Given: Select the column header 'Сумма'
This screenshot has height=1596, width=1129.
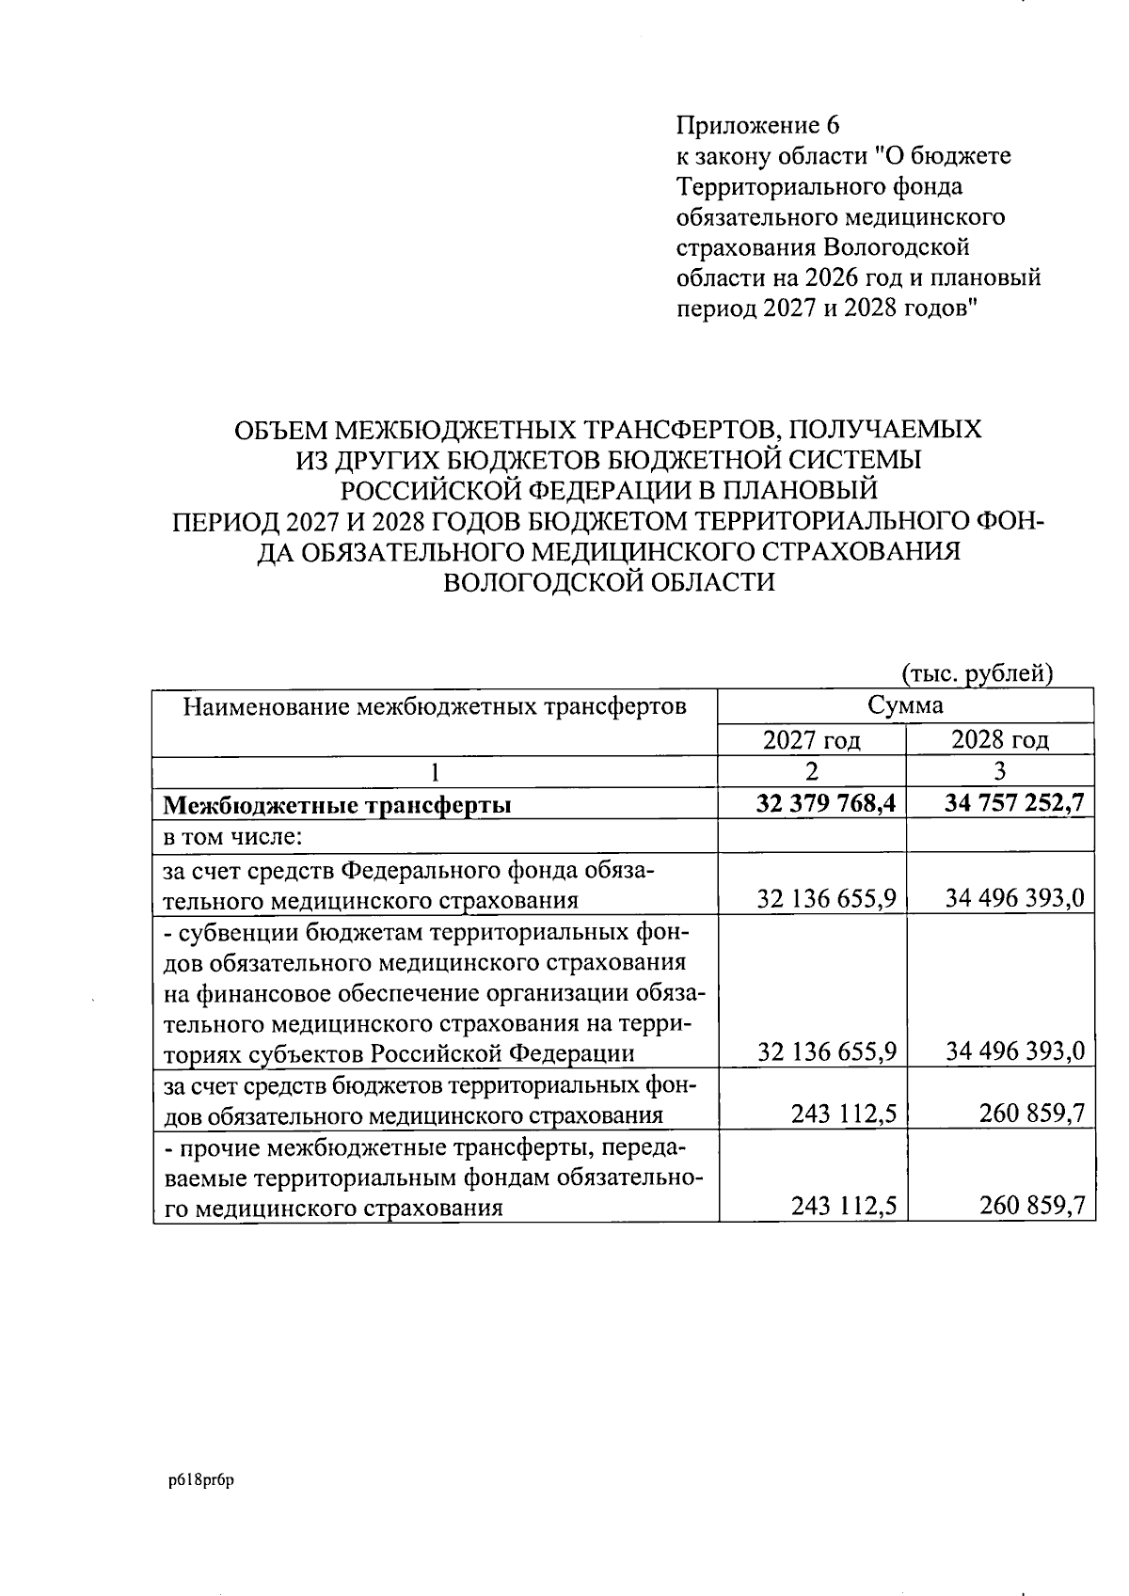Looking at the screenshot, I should pos(905,705).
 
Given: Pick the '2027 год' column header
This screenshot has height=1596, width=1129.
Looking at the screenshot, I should pos(811,740).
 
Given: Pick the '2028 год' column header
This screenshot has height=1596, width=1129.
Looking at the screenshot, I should pos(999,740).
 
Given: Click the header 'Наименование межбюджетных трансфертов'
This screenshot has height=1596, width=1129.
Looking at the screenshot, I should pos(434,705).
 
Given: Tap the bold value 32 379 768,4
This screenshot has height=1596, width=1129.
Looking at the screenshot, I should pos(825,804).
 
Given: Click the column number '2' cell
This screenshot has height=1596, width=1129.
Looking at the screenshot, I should pos(811,772).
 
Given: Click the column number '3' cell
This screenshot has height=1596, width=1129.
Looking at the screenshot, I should pos(999,772).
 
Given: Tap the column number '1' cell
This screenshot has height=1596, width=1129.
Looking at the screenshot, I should pos(434,772).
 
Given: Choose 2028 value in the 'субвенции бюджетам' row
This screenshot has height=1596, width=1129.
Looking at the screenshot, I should pos(1015,1051).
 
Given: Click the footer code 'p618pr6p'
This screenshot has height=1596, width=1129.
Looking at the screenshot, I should pos(200,1479).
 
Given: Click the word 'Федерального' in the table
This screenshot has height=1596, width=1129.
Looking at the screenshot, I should pos(420,869).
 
